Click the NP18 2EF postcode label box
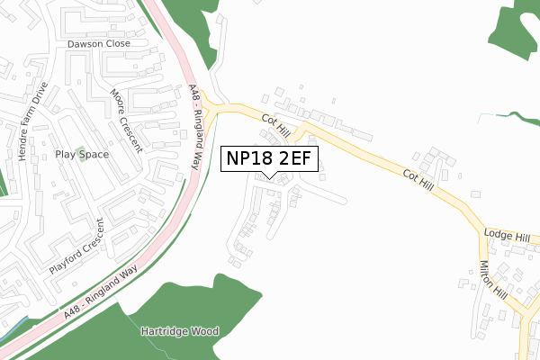coord(269,158)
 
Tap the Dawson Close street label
coord(99,43)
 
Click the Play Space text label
coord(81,155)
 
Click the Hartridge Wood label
coord(179,331)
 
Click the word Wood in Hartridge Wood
coord(203,331)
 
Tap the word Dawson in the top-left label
coord(85,43)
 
